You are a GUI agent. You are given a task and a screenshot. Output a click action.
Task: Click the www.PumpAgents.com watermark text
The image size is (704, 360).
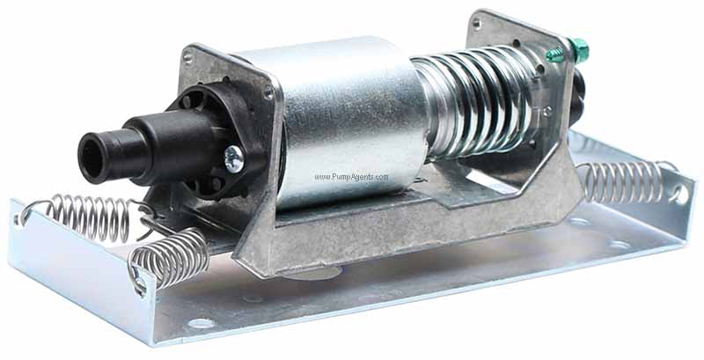point(351,177)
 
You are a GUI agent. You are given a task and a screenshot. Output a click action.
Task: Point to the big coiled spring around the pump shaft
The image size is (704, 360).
point(475,97)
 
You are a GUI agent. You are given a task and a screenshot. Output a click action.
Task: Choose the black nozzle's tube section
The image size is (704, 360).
point(132,145)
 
